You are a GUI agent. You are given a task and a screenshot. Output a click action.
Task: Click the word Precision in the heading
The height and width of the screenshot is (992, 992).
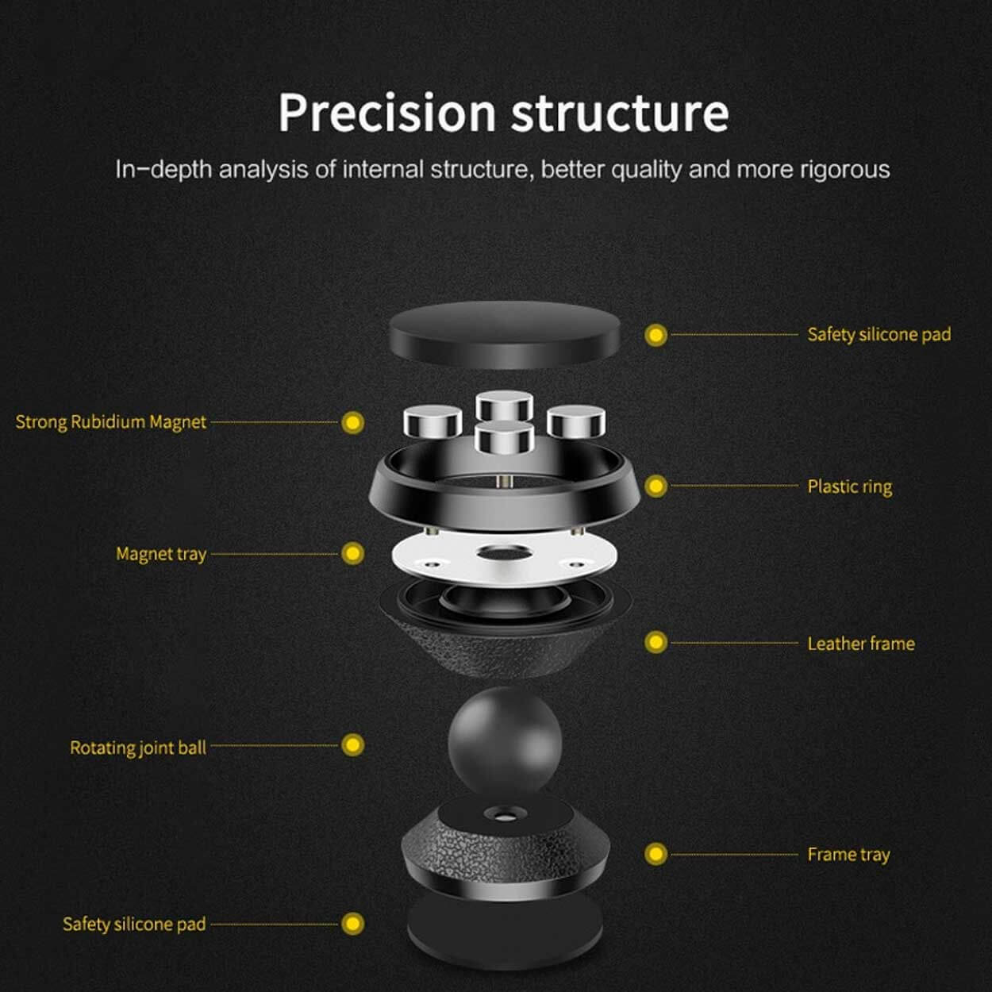(387, 113)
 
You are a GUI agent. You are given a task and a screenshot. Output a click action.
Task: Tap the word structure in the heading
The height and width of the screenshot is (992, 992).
(620, 113)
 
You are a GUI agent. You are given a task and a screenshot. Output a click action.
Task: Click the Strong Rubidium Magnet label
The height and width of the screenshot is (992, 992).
(110, 422)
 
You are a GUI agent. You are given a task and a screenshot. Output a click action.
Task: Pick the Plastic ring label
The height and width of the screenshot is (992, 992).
(849, 486)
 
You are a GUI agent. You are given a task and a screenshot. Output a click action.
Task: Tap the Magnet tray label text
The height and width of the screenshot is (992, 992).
(161, 554)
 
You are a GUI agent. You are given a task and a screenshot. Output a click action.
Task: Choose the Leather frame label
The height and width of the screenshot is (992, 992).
(861, 644)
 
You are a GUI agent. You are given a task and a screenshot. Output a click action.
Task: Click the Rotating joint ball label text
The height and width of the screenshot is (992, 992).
(138, 748)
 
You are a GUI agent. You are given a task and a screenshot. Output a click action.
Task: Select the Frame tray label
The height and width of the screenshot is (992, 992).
(848, 855)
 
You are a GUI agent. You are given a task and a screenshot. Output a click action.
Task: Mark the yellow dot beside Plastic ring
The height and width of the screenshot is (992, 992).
(656, 486)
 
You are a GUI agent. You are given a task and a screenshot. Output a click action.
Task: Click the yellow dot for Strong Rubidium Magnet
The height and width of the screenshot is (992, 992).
(352, 423)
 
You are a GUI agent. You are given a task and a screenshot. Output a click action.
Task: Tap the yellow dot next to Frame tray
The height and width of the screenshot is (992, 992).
(656, 854)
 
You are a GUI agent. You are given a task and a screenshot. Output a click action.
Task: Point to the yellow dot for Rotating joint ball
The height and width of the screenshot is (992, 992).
(352, 745)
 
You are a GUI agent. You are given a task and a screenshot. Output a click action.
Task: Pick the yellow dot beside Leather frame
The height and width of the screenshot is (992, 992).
(656, 642)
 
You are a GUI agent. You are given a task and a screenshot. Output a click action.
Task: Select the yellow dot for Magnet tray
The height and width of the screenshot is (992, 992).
(352, 553)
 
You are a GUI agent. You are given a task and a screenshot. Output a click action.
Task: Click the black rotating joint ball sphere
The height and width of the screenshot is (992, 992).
(505, 740)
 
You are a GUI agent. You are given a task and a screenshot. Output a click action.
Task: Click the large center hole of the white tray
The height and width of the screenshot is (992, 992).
(504, 553)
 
